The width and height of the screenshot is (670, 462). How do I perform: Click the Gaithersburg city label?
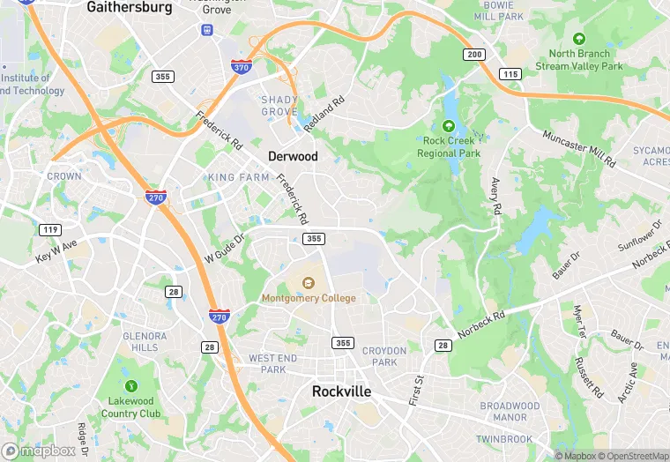129,7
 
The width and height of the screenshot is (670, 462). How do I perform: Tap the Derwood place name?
293,156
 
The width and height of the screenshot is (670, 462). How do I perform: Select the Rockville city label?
342,391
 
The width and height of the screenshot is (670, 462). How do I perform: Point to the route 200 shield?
474,55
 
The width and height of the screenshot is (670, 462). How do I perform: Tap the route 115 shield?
510,74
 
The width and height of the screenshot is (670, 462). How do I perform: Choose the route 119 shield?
49,230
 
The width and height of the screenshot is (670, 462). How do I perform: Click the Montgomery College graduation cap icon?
309,283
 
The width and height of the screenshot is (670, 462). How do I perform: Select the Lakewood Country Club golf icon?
131,385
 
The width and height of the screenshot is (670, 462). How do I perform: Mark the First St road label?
416,390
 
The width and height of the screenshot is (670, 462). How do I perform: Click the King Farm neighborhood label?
239,177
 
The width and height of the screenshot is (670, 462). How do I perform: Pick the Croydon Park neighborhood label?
384,356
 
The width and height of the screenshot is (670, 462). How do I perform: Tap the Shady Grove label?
279,106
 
